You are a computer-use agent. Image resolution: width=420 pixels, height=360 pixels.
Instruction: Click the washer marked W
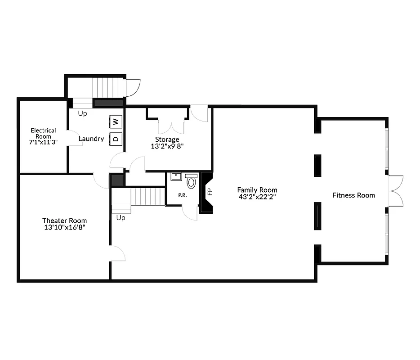tap(115, 121)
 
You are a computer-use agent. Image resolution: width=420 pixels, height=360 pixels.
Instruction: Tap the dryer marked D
tap(115, 138)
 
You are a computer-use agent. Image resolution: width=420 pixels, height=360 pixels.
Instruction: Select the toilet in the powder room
tap(192, 182)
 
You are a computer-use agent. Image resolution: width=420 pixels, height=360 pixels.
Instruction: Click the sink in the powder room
tap(176, 176)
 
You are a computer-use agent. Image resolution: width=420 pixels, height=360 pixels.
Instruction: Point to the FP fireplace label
tap(210, 191)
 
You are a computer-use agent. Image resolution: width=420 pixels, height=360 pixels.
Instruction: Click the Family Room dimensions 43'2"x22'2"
tap(257, 197)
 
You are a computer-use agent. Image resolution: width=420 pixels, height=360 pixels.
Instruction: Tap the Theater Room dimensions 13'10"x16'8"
tap(64, 227)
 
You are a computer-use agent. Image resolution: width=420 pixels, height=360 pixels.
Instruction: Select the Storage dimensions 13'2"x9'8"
tap(167, 146)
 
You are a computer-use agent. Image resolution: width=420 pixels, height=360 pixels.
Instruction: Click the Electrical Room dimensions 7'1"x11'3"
tap(43, 142)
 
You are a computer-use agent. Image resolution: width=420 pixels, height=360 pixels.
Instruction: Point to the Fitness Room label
tap(353, 195)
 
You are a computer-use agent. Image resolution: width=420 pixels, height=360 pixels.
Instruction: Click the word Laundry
tap(91, 139)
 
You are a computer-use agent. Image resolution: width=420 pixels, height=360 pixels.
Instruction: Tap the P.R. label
tap(183, 195)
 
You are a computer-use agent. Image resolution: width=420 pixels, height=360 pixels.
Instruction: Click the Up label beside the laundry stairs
tap(82, 113)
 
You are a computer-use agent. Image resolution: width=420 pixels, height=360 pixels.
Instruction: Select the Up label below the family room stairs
tap(121, 218)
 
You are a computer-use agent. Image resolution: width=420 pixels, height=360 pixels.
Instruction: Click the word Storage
tap(167, 139)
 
